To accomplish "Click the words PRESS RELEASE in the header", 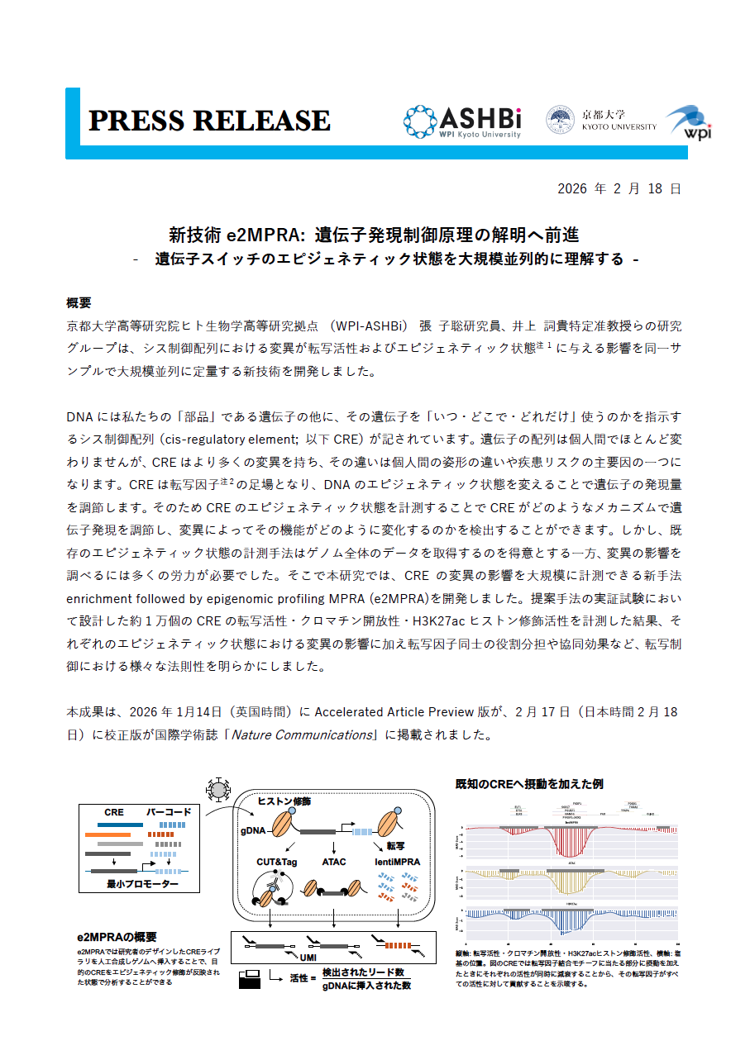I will tap(209, 121).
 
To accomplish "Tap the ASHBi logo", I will tap(462, 121).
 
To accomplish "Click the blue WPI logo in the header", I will tap(689, 121).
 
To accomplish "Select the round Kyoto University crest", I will tap(560, 121).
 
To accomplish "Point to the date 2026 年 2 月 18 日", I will tap(619, 188).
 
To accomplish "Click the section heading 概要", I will tap(79, 302).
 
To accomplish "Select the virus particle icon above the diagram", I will tap(219, 790).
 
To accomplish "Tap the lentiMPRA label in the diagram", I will tap(397, 862).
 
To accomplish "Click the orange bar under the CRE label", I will tap(107, 834).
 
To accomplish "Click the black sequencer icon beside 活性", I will tap(250, 981).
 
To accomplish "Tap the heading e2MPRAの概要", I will tap(117, 937).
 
